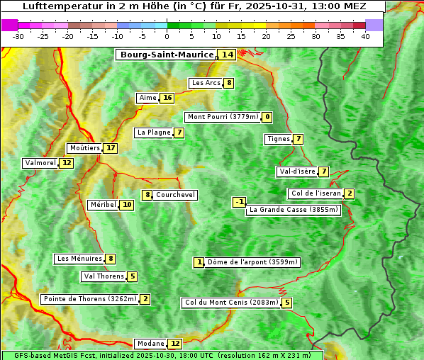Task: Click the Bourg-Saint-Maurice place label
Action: pos(167,55)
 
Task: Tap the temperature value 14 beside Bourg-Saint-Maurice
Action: pos(228,55)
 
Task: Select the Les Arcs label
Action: pos(206,83)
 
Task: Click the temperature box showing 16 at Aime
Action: pos(167,98)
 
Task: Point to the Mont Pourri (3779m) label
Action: pos(222,117)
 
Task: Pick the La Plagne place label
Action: pos(154,133)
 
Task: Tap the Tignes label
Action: pos(278,139)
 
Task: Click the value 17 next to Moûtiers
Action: pos(111,148)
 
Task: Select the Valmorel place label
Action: pos(40,163)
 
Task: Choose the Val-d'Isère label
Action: pos(297,171)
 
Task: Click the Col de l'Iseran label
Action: pos(316,193)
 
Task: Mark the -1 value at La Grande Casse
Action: pos(240,202)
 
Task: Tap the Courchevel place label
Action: pos(175,195)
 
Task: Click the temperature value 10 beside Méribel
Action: pos(126,205)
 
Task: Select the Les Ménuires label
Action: pos(79,259)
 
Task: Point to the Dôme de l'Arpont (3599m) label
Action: pos(252,262)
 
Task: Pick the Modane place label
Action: pos(150,344)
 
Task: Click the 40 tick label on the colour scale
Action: pos(365,36)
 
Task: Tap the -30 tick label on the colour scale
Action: pos(18,36)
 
